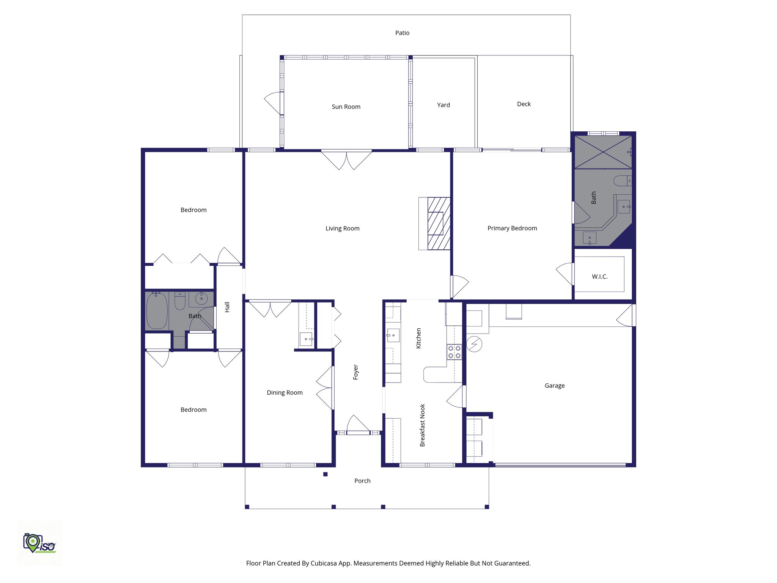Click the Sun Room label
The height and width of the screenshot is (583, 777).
coord(346,107)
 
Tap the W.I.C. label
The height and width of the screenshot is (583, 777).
coord(599,276)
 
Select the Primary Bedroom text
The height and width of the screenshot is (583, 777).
coord(512,228)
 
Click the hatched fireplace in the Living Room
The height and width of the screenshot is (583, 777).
coord(439,224)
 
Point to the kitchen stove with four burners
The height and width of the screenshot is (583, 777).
coord(454,352)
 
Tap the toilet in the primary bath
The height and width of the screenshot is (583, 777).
coord(622,181)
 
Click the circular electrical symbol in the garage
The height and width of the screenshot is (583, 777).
coord(474,344)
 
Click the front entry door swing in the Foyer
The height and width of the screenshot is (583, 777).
coord(357,424)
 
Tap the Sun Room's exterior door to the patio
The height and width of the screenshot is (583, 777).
coord(274,102)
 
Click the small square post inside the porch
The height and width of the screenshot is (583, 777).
coord(325,474)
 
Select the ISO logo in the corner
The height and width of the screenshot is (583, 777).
coord(39,543)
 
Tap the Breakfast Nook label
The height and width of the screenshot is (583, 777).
coord(422,425)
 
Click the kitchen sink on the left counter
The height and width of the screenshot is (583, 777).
coord(393,336)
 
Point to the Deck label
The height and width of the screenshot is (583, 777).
coord(524,104)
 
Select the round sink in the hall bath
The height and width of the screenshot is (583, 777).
coord(201,298)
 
